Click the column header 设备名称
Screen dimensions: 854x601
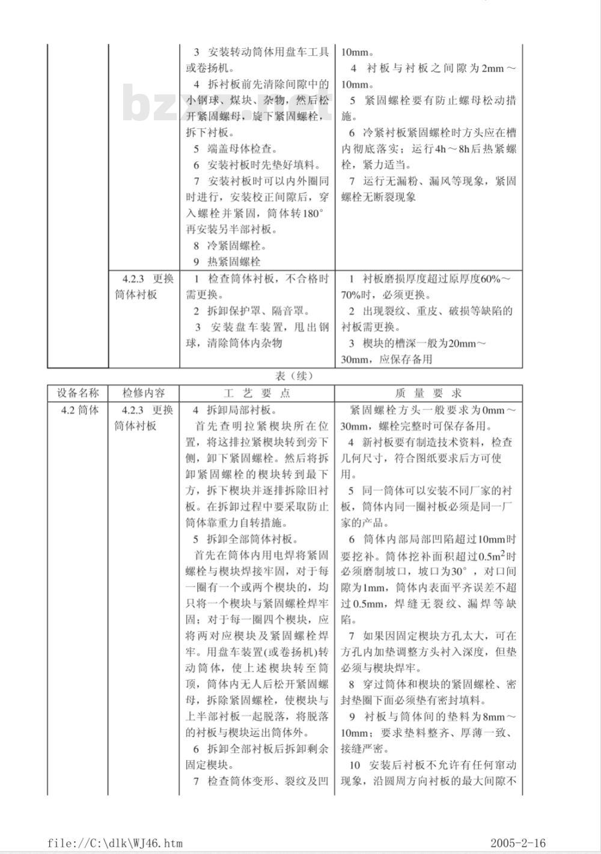tap(78, 393)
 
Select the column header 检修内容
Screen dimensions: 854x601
tap(144, 393)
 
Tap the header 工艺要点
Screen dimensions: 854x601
tap(257, 393)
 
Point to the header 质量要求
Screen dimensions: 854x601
tap(429, 393)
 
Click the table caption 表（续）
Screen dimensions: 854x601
tap(294, 376)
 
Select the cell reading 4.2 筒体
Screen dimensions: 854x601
tap(78, 410)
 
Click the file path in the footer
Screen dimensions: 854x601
tap(115, 843)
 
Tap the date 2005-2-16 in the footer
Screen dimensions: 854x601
tap(518, 843)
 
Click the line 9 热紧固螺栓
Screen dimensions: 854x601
tap(227, 262)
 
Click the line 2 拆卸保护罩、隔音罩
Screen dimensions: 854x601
tap(251, 311)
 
